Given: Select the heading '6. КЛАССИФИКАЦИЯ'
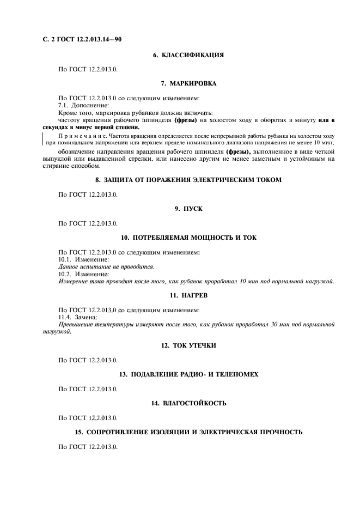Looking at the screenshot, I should pyautogui.click(x=188, y=55).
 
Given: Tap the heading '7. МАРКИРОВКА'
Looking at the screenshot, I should pyautogui.click(x=188, y=83).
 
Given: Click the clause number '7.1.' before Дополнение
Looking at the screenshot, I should pyautogui.click(x=64, y=105).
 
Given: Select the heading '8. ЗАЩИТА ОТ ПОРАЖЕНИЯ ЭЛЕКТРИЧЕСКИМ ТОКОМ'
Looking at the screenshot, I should pyautogui.click(x=188, y=180).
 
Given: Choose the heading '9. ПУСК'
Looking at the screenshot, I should pyautogui.click(x=188, y=209).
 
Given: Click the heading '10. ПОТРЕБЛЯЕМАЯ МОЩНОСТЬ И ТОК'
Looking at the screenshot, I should pyautogui.click(x=188, y=238).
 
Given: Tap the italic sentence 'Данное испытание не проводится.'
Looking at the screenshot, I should pyautogui.click(x=106, y=266).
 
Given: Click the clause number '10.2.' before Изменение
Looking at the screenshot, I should pyautogui.click(x=65, y=274).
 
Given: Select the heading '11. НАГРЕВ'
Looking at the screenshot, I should pyautogui.click(x=188, y=295).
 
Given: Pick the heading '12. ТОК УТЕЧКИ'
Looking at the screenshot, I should pyautogui.click(x=188, y=345).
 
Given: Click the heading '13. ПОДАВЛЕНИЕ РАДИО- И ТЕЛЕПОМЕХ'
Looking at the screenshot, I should pyautogui.click(x=188, y=374).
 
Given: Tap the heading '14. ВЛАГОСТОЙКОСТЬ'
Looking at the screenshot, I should pyautogui.click(x=188, y=403).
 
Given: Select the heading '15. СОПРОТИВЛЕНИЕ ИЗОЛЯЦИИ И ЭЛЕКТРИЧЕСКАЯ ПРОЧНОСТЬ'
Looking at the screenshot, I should pyautogui.click(x=188, y=432).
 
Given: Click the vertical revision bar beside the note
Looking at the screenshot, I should pyautogui.click(x=42, y=138).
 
